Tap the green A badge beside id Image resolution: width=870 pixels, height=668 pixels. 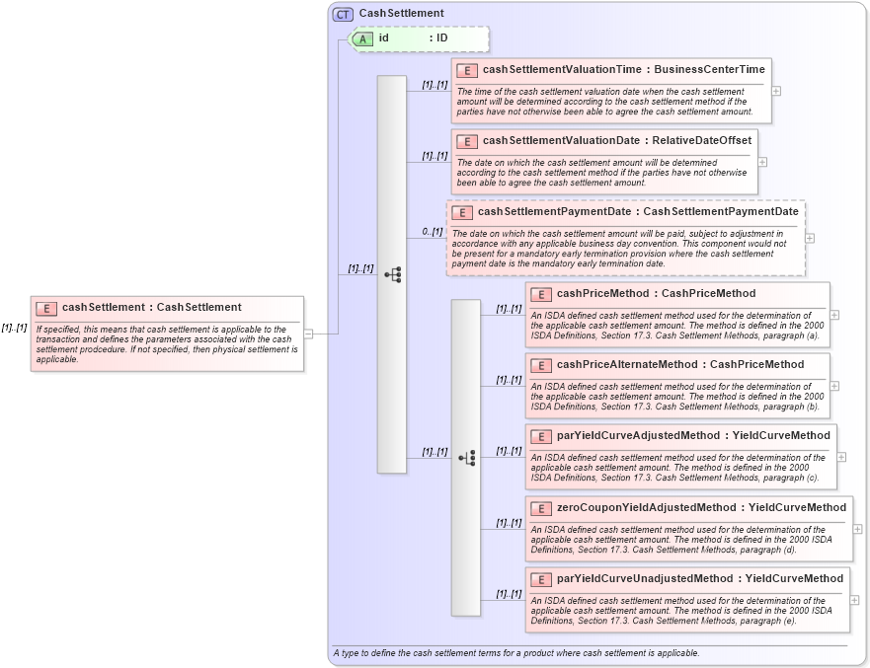point(362,38)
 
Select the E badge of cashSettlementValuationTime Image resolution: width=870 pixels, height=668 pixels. point(466,71)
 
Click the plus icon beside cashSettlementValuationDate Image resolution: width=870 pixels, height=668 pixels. point(762,162)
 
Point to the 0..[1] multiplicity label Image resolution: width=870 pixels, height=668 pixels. point(432,232)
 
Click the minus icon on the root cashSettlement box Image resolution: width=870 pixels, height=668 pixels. point(309,334)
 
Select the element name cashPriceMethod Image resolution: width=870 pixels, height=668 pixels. point(601,293)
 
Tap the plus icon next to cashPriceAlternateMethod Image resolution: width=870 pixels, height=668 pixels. point(834,386)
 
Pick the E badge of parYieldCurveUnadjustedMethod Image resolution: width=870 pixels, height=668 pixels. point(540,579)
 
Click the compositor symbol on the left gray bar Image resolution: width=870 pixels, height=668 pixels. point(392,274)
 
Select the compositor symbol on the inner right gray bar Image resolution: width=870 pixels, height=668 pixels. point(466,458)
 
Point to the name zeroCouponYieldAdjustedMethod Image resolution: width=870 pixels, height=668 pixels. point(646,507)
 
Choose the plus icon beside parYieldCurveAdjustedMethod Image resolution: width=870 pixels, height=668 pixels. point(841,457)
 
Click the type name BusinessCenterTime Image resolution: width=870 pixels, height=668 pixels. point(709,70)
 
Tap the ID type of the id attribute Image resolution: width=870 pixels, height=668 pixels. point(443,37)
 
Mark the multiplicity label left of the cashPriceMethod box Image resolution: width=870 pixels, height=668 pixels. point(509,309)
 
